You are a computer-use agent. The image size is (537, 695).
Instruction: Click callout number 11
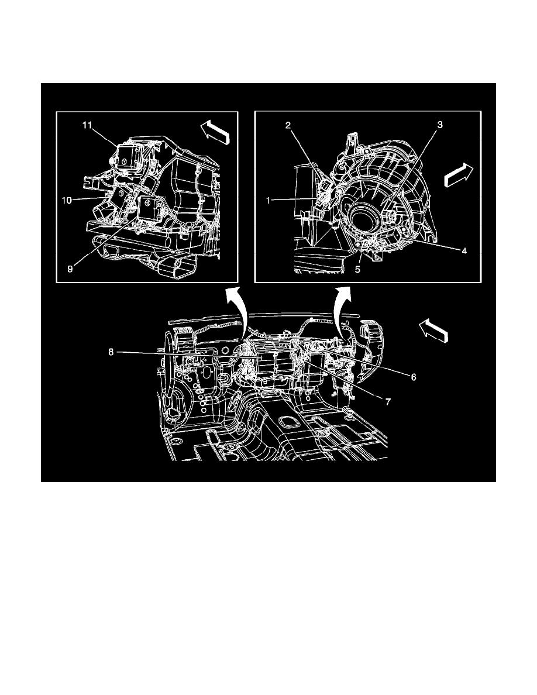click(x=87, y=125)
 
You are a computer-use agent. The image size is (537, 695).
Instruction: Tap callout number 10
click(x=67, y=201)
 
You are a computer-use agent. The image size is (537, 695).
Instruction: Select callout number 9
click(x=70, y=269)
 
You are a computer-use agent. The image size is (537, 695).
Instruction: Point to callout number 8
click(x=111, y=352)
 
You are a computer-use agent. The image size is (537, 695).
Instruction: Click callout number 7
click(x=388, y=402)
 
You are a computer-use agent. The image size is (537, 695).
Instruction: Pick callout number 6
click(x=414, y=377)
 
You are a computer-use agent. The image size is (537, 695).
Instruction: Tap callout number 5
click(x=357, y=269)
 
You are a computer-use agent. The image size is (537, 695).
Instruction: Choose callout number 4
click(x=464, y=251)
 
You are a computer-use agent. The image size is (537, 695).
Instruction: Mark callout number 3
click(x=439, y=125)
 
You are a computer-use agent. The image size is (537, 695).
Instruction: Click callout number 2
click(x=288, y=125)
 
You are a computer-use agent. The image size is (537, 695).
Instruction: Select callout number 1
click(x=268, y=201)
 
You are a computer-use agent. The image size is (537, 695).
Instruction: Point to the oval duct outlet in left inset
click(x=177, y=267)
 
